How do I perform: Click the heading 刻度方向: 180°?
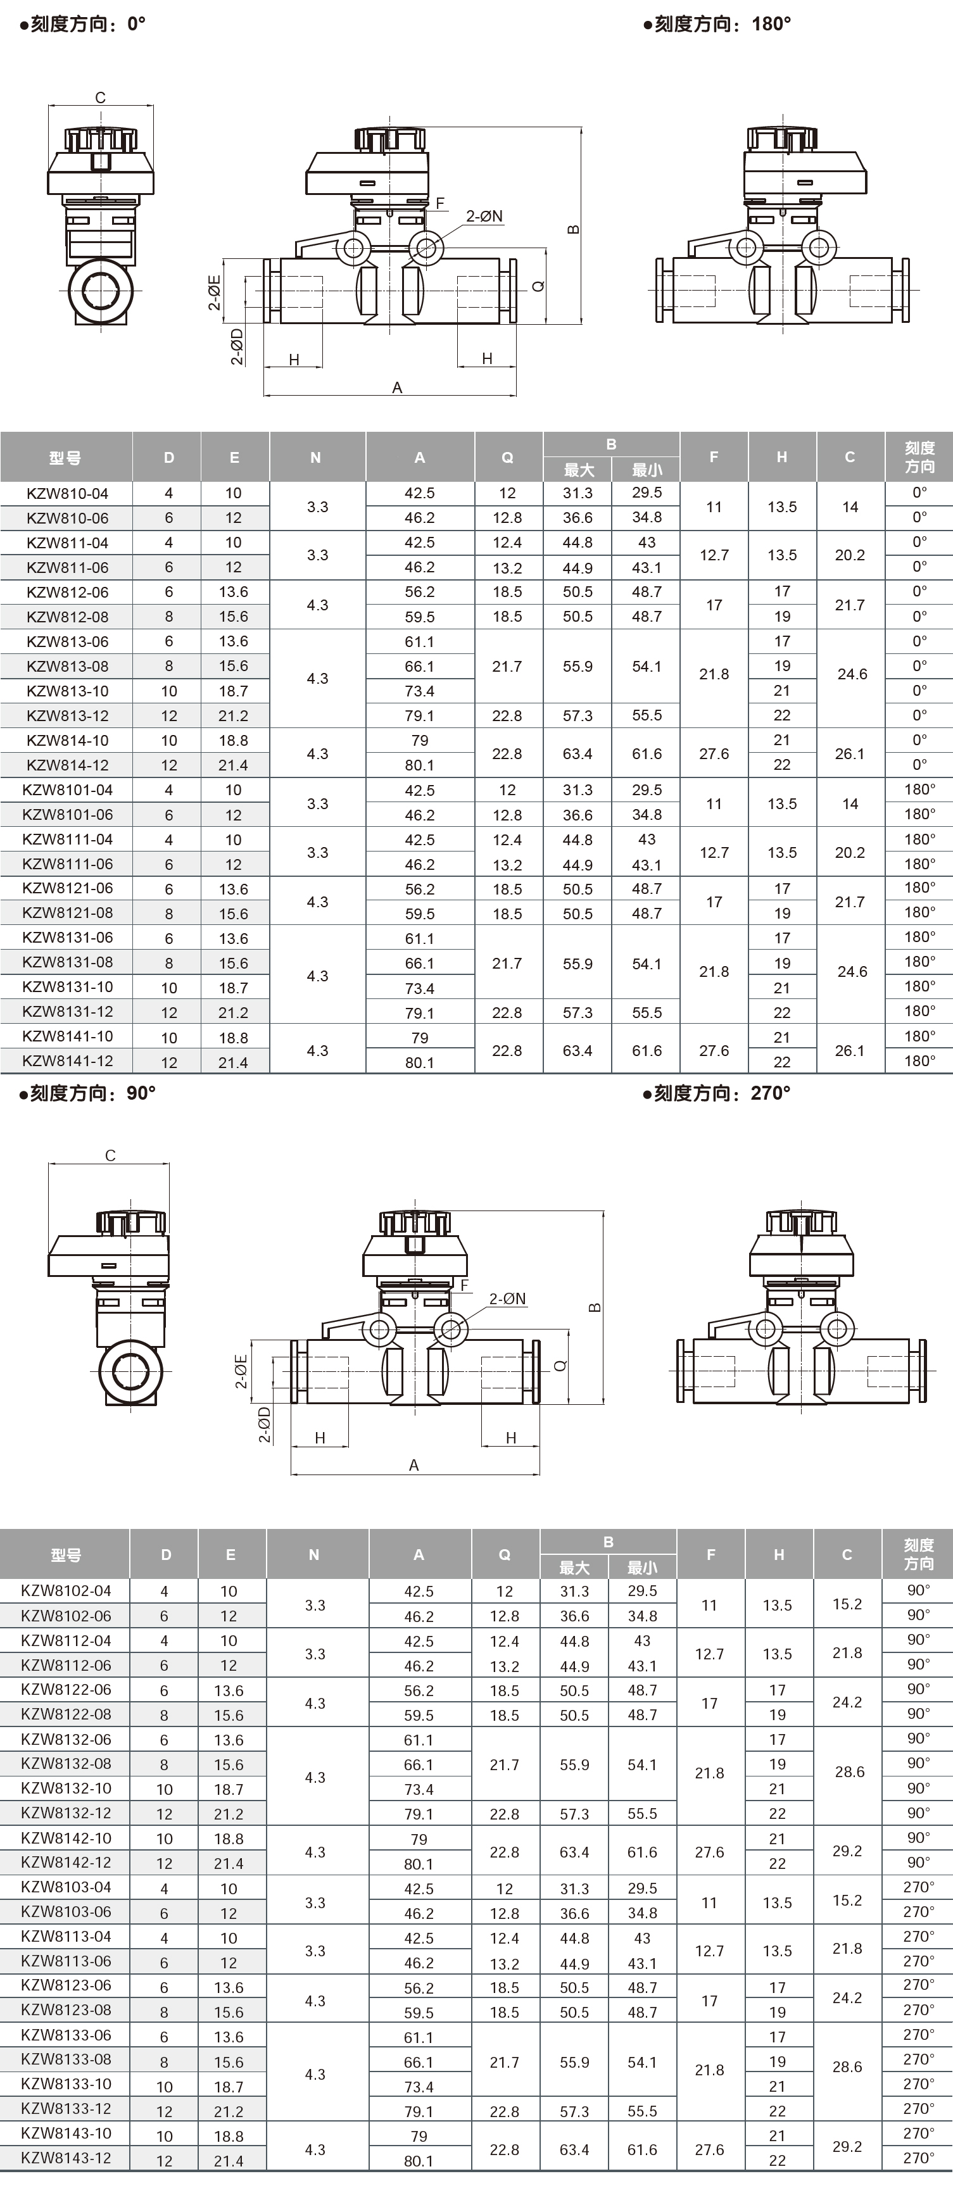(717, 24)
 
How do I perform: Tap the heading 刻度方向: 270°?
(717, 1093)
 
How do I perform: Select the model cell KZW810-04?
(67, 493)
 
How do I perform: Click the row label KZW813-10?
(67, 691)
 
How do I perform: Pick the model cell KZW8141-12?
(67, 1061)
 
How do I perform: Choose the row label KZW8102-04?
(66, 1591)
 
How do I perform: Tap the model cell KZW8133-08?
(66, 2059)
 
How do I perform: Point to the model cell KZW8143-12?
(66, 2158)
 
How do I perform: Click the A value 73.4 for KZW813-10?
(420, 691)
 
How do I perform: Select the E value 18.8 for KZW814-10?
(234, 741)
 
